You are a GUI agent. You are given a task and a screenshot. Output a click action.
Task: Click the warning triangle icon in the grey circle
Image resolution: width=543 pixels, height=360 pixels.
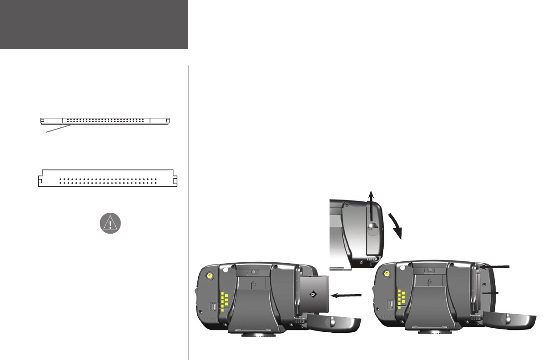(110, 223)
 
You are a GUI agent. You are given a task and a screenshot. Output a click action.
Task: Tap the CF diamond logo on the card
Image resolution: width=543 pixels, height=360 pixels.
(313, 295)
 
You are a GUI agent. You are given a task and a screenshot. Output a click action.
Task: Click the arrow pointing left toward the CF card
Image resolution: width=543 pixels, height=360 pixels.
(346, 295)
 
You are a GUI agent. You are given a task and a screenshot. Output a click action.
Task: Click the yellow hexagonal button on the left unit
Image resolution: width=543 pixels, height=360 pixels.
(210, 276)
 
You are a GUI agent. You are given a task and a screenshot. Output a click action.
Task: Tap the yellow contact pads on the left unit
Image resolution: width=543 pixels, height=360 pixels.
(224, 300)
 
